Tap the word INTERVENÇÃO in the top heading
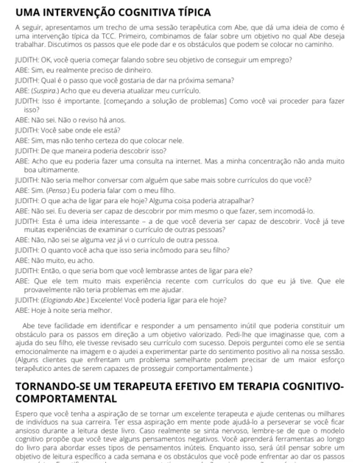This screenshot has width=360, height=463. coord(81,13)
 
